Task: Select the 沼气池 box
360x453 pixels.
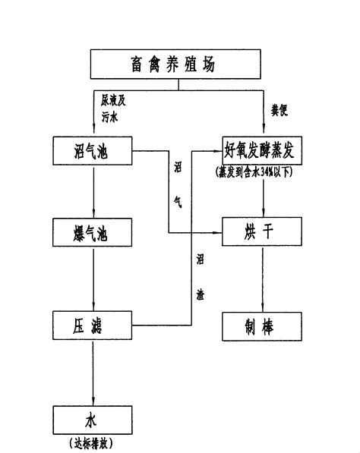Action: (93, 150)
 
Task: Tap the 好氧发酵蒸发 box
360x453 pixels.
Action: (264, 150)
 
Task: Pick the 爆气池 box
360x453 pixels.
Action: (93, 231)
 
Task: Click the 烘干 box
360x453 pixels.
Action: (264, 231)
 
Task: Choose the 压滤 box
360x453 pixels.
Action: (93, 326)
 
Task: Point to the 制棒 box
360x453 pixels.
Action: (264, 326)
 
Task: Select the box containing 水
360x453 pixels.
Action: (93, 419)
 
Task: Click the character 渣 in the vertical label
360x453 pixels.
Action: (201, 291)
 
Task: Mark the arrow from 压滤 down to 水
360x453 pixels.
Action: (93, 372)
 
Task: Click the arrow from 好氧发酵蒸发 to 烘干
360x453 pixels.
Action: (264, 197)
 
